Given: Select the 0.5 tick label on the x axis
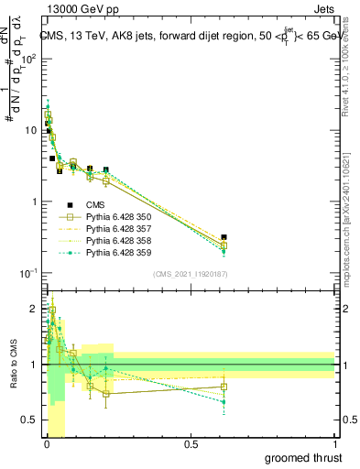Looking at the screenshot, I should [x=191, y=445].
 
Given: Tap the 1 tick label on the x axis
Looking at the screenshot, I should [x=334, y=445].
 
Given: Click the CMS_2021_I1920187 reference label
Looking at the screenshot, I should [x=190, y=274].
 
